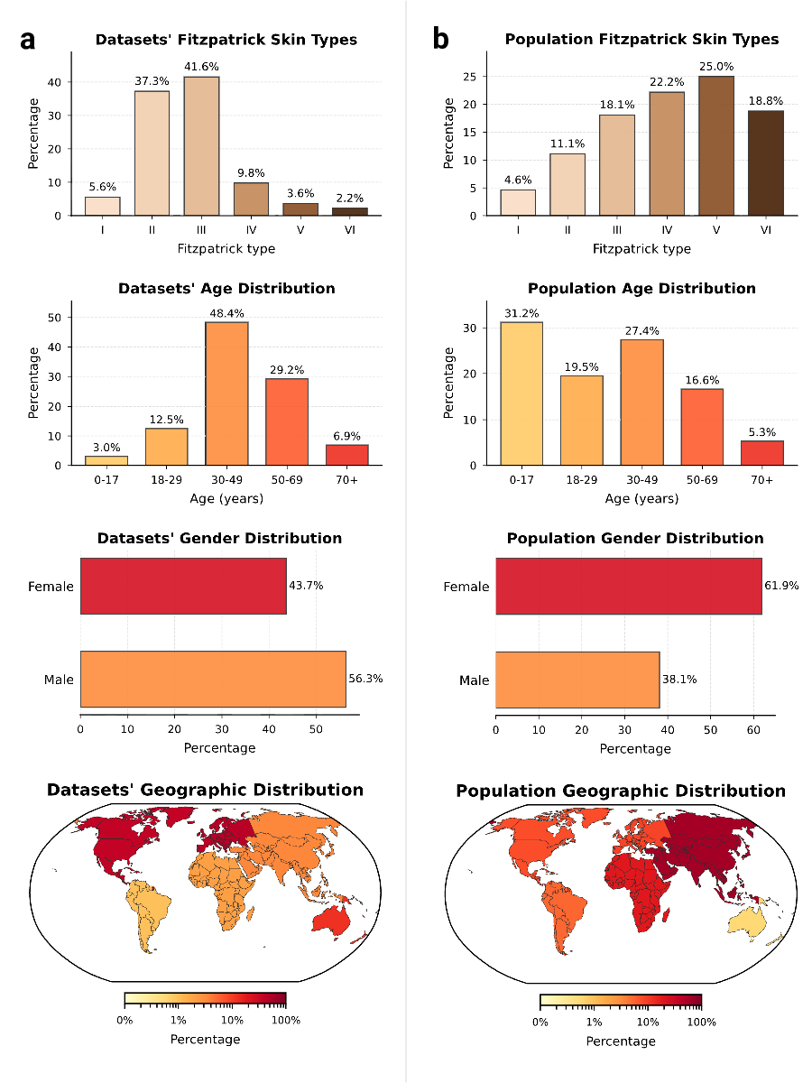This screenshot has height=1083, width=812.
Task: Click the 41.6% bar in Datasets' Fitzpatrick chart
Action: click(x=201, y=146)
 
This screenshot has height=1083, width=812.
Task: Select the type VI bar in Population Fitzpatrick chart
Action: click(x=765, y=163)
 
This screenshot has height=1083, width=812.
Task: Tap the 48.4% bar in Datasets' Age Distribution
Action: click(x=226, y=393)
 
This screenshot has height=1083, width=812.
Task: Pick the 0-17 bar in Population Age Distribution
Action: click(x=521, y=393)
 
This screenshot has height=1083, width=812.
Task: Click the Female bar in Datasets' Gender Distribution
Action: click(x=183, y=586)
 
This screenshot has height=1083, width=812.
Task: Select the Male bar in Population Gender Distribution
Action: click(x=577, y=680)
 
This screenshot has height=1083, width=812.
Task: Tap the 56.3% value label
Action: click(x=365, y=679)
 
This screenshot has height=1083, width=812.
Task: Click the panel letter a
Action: click(x=29, y=40)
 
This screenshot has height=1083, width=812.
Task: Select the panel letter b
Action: click(x=441, y=40)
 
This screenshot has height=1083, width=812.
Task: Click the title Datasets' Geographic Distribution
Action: click(x=205, y=791)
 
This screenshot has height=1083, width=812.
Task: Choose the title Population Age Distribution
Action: click(x=641, y=289)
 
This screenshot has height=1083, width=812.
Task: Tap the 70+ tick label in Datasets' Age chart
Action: click(x=346, y=479)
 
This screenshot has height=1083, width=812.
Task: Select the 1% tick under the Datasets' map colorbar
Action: click(x=179, y=1020)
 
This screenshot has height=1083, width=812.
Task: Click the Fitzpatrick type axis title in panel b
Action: click(x=641, y=249)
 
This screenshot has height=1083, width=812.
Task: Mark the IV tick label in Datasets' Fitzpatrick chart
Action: click(x=251, y=230)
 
